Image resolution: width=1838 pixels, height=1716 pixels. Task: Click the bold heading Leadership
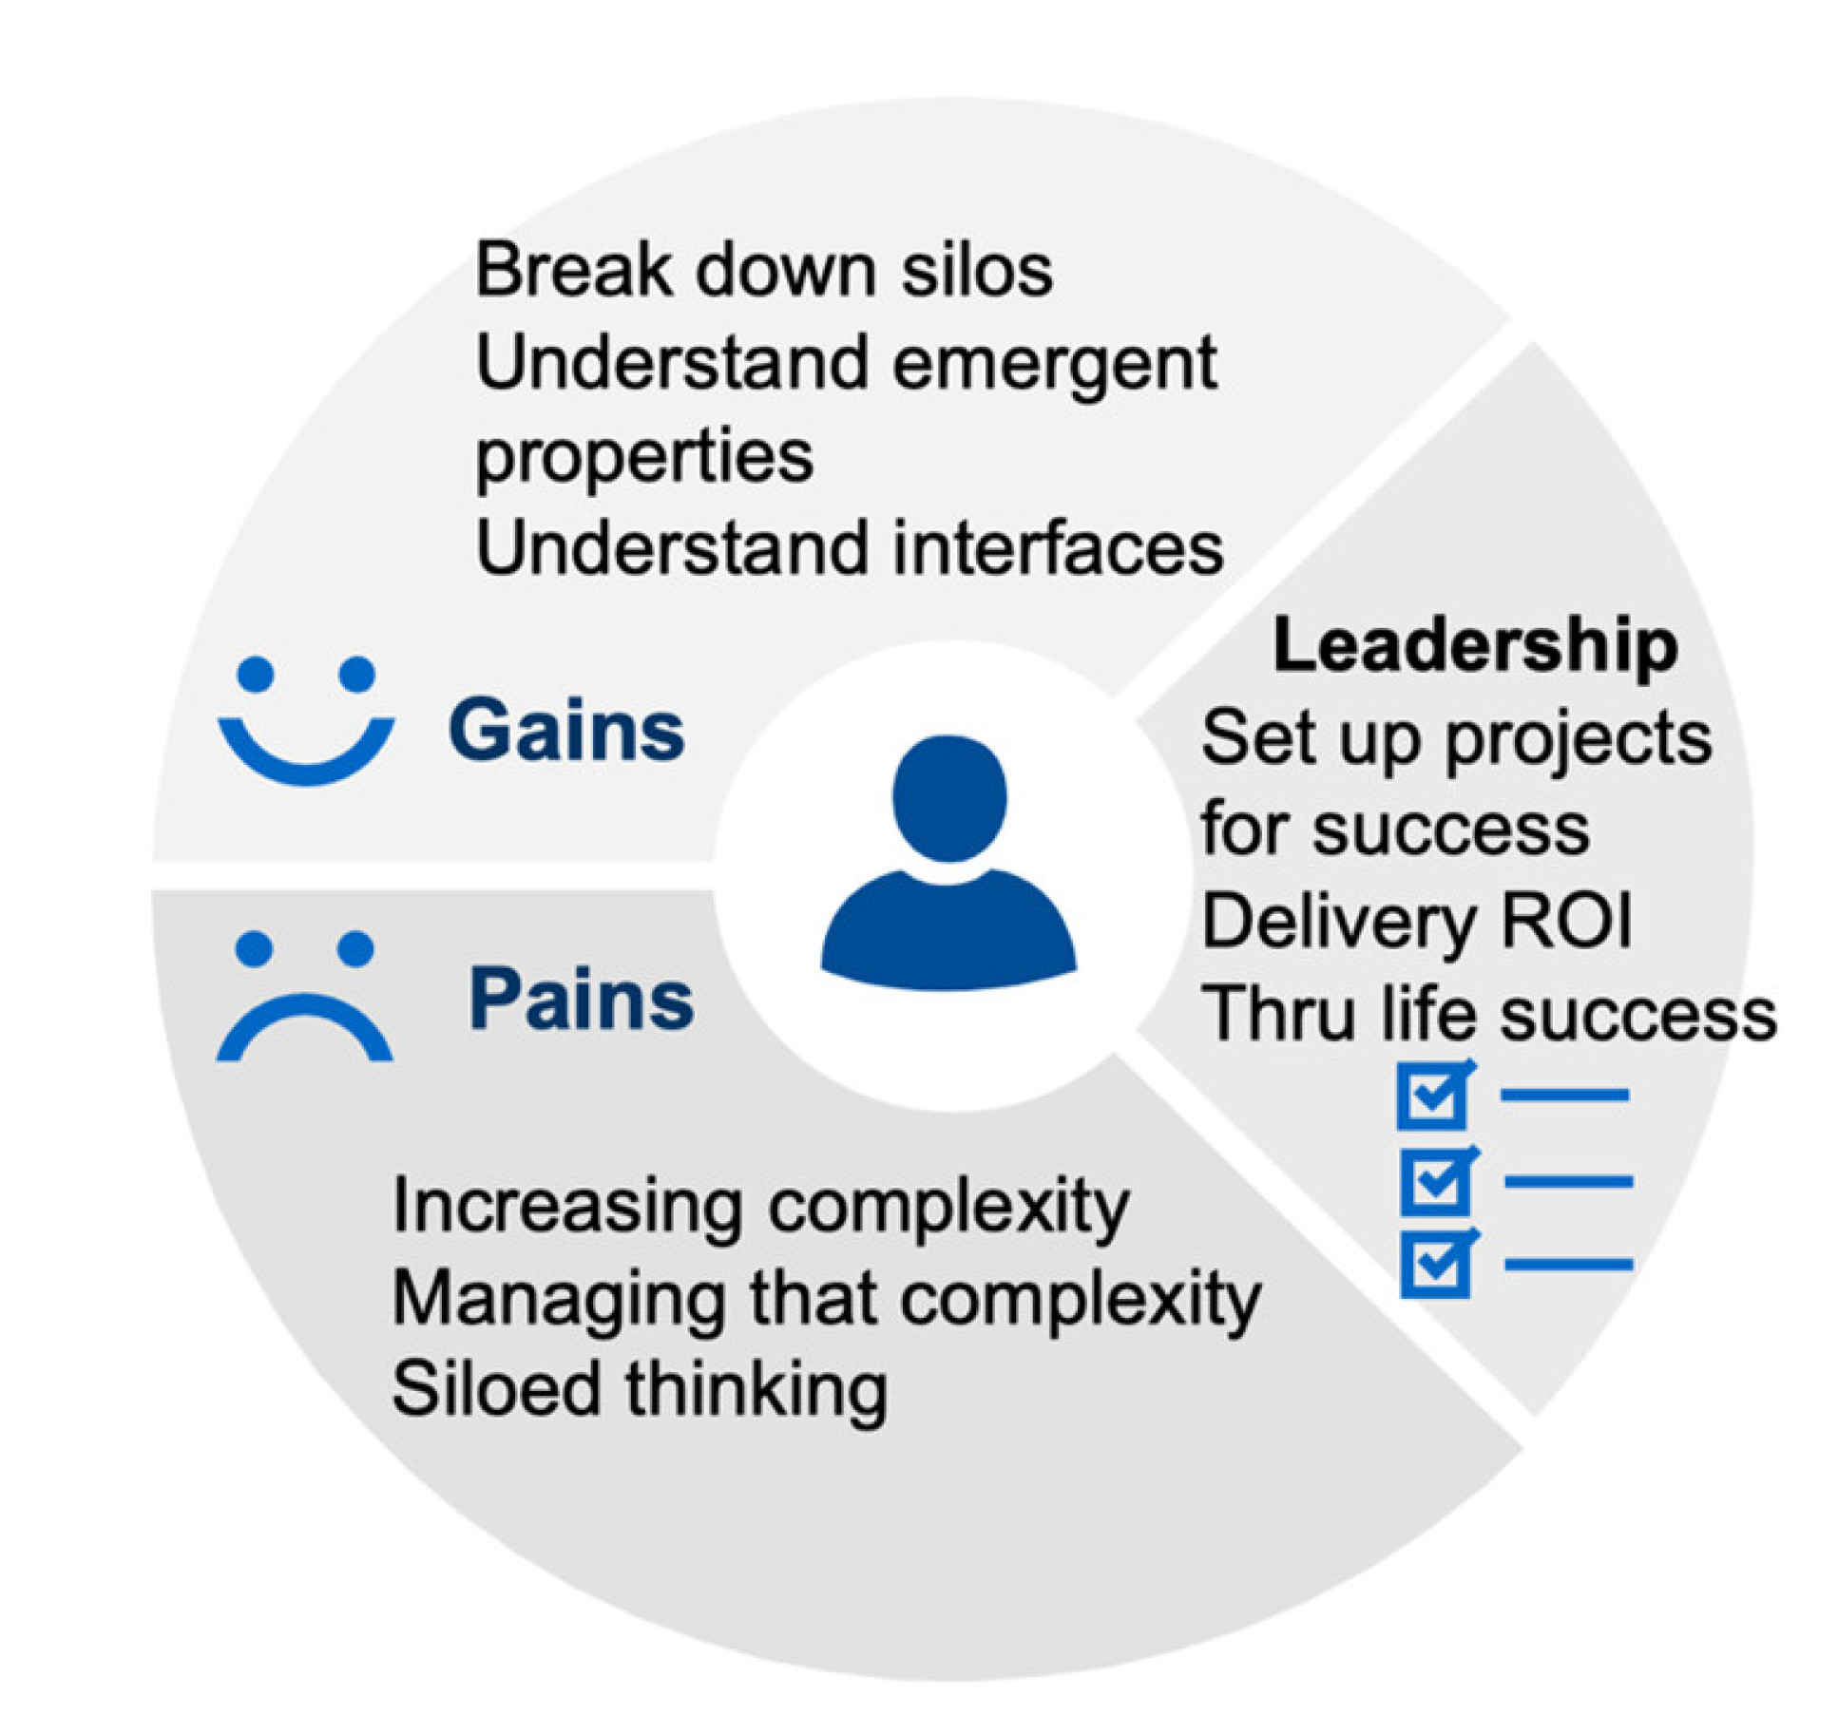pos(1474,647)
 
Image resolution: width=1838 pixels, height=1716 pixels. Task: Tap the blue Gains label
pos(566,730)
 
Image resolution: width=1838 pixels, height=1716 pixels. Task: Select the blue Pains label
pos(582,999)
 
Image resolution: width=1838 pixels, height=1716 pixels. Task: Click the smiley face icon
pos(306,720)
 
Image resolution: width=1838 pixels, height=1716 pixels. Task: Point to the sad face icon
pos(304,996)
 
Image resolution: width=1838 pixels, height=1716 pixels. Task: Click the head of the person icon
pos(948,798)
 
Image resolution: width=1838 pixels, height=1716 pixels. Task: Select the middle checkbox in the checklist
pos(1438,1180)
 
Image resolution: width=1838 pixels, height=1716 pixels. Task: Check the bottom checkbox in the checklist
pos(1438,1264)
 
